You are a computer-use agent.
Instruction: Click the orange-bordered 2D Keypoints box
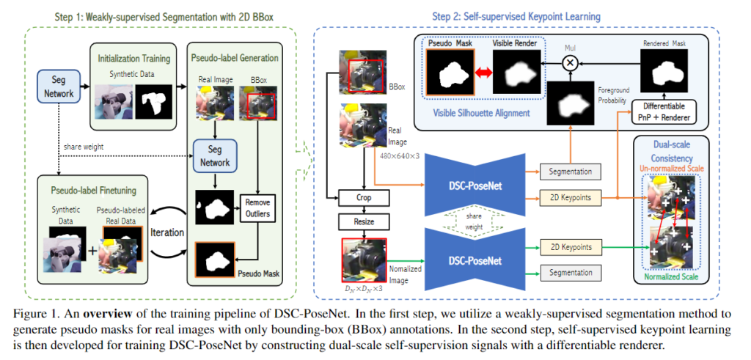coord(569,197)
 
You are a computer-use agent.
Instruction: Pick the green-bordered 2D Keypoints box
coord(569,247)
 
